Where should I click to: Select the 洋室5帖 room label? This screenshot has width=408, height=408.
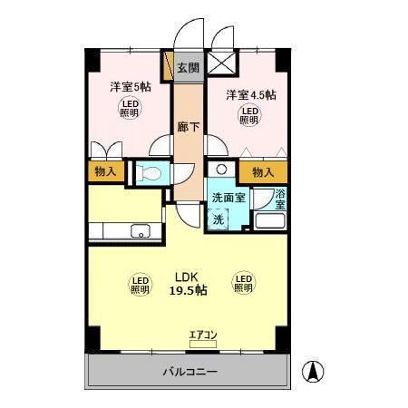(x=131, y=88)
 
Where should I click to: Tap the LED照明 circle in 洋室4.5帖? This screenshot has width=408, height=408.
(x=248, y=116)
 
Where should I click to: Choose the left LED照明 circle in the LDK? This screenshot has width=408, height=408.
(x=140, y=285)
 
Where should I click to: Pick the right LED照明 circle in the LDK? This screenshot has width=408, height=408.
(x=242, y=285)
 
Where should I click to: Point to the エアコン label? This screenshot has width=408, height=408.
(x=203, y=335)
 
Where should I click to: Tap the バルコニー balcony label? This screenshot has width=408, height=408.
(x=189, y=372)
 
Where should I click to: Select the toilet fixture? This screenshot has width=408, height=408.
(x=151, y=172)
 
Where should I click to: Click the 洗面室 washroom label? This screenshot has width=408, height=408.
(x=228, y=198)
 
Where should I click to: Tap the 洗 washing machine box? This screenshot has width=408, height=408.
(x=219, y=218)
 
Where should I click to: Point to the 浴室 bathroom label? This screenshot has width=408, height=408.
(x=280, y=199)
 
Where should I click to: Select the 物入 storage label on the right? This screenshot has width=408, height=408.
(x=263, y=172)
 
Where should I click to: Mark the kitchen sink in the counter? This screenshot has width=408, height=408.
(x=141, y=229)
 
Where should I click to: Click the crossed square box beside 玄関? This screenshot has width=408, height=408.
(x=220, y=66)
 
